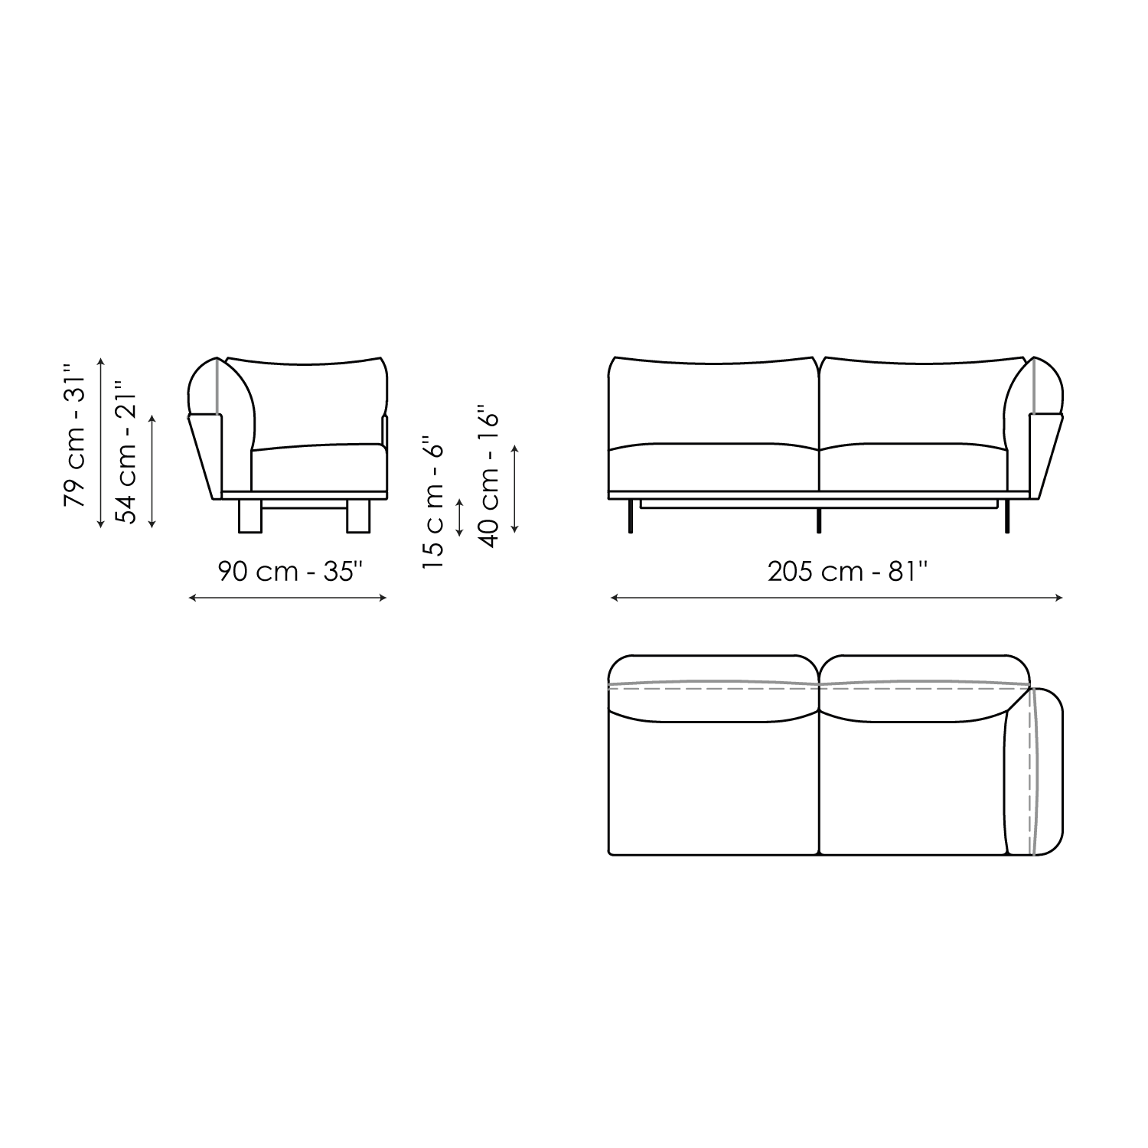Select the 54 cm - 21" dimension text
127,452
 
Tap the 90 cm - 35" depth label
288,571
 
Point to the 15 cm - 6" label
434,502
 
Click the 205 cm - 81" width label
848,571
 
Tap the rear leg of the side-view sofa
250,517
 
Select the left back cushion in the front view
713,402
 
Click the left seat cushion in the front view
713,467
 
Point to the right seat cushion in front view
911,467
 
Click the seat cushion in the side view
318,467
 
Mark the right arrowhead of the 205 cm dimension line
1060,598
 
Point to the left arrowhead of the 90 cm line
191,598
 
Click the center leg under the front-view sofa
820,521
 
